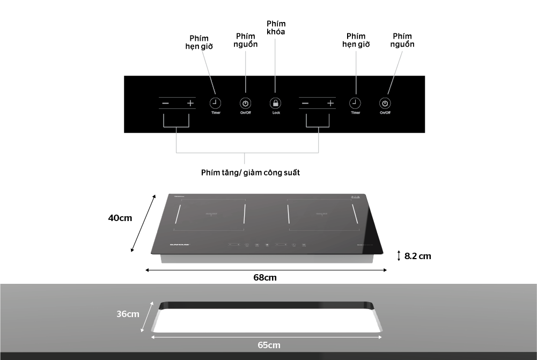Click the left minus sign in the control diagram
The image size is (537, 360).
pos(166,103)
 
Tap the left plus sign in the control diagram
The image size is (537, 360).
pos(190,103)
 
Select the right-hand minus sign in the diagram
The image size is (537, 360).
pos(305,103)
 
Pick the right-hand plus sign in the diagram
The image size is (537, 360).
pos(330,103)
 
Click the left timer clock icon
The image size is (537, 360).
pos(215,102)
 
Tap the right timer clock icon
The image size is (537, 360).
pos(355,102)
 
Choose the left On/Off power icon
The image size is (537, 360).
pos(245,103)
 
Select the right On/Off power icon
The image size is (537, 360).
pos(385,103)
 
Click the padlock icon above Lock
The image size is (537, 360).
pos(275,103)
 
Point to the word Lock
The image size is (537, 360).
pos(276,113)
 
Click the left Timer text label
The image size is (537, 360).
pos(216,113)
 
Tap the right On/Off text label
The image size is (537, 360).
pos(385,113)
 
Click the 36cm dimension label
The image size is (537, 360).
pos(128,314)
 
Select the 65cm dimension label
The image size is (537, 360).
pos(269,345)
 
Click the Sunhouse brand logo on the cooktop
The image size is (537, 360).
pos(180,244)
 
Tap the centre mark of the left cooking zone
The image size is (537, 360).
pos(211,214)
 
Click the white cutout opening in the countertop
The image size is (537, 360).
pos(267,321)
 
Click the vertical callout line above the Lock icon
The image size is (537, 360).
pos(275,64)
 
